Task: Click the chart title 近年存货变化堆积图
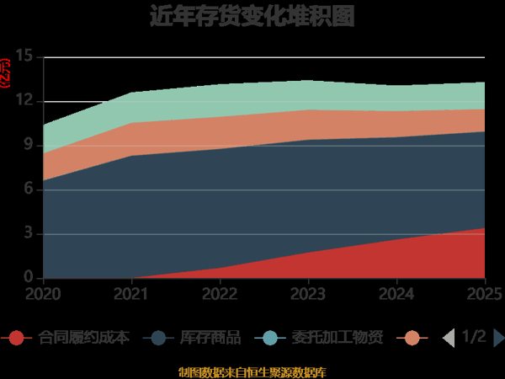pos(252,16)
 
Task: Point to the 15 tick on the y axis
pos(24,57)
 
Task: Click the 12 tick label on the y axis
pos(24,102)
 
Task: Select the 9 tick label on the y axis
pos(28,146)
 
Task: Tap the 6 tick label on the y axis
pos(28,189)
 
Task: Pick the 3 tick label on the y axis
pos(28,233)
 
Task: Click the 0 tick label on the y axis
pos(28,278)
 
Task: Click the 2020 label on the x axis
pos(43,294)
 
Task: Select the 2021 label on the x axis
pos(131,294)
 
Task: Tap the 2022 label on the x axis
pos(220,294)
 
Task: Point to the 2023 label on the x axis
pos(308,294)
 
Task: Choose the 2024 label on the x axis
pos(396,294)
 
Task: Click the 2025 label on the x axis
pos(484,294)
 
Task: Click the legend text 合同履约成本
pos(84,338)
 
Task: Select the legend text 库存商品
pos(210,338)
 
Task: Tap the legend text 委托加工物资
pos(344,338)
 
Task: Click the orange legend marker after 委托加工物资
pos(412,338)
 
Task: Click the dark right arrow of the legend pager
pos(498,338)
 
